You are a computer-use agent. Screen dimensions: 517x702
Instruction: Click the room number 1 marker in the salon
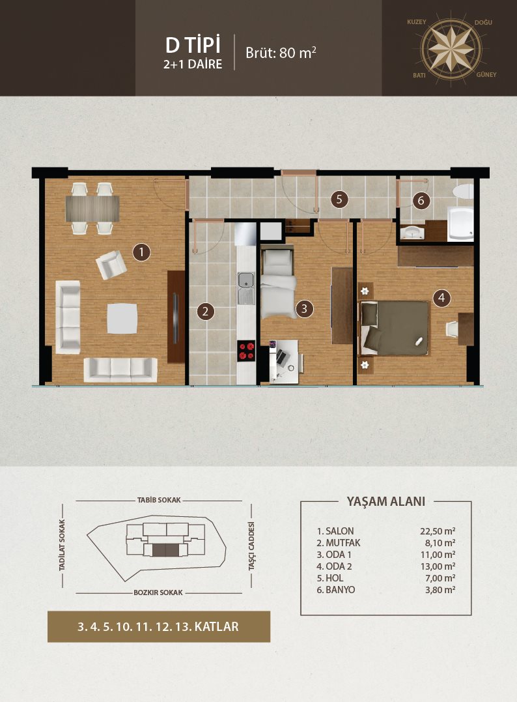tap(141, 252)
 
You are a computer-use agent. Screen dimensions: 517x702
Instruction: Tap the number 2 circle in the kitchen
tap(206, 311)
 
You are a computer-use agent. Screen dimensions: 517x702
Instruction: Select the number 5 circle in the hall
tap(339, 199)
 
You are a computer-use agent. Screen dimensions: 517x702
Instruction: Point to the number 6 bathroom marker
tap(421, 201)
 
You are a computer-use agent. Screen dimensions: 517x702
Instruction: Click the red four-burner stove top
tap(246, 351)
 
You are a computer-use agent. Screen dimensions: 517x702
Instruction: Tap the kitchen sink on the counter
tap(246, 287)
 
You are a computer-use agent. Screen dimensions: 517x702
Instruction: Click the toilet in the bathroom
tap(464, 192)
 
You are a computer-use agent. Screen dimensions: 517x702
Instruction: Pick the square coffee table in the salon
tap(122, 318)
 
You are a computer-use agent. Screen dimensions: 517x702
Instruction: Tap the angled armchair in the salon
tap(111, 265)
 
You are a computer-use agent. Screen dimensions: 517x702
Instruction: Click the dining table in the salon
tap(92, 209)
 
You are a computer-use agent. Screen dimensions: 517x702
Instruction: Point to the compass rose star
tap(451, 48)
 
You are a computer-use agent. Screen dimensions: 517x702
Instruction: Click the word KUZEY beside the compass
tap(416, 22)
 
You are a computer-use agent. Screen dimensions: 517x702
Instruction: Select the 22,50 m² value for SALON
tap(438, 531)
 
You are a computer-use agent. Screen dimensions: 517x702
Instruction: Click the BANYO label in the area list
tap(341, 590)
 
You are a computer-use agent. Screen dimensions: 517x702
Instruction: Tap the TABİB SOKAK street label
tap(159, 500)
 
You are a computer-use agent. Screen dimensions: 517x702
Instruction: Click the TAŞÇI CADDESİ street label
tap(251, 546)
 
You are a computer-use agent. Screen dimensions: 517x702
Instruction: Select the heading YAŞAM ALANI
tap(386, 501)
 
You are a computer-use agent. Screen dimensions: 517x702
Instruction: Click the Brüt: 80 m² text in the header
tap(281, 52)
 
